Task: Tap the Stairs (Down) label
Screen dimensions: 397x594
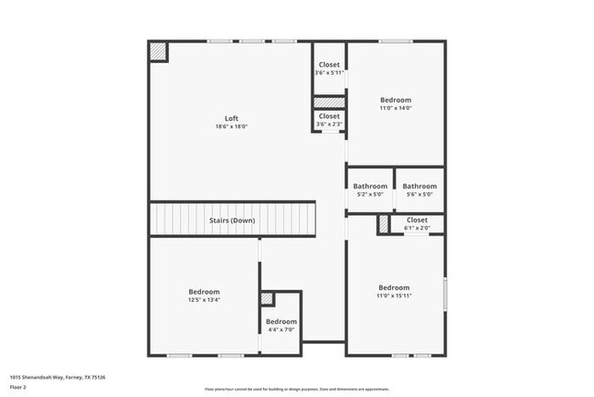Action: tap(232, 220)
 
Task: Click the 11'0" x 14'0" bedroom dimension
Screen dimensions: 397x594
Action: tap(396, 108)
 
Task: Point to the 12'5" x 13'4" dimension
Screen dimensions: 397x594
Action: tap(205, 299)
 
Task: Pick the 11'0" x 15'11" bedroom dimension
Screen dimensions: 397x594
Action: tap(394, 295)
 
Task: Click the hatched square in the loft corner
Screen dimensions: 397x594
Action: tap(159, 52)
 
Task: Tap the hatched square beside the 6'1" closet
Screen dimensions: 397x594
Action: tap(383, 222)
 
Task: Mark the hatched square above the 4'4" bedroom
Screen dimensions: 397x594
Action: tap(267, 298)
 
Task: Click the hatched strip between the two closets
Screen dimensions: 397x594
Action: tap(329, 102)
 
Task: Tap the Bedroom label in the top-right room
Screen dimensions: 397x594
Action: tap(396, 100)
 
